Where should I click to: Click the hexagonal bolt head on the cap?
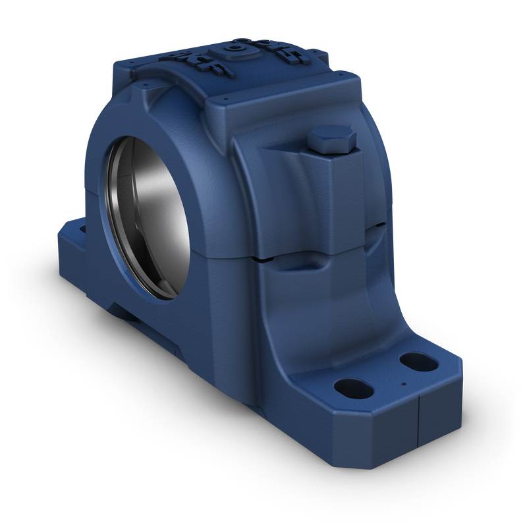pyautogui.click(x=331, y=140)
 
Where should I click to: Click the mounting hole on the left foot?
pyautogui.click(x=83, y=229)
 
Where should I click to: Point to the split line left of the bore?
pyautogui.click(x=92, y=190)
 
